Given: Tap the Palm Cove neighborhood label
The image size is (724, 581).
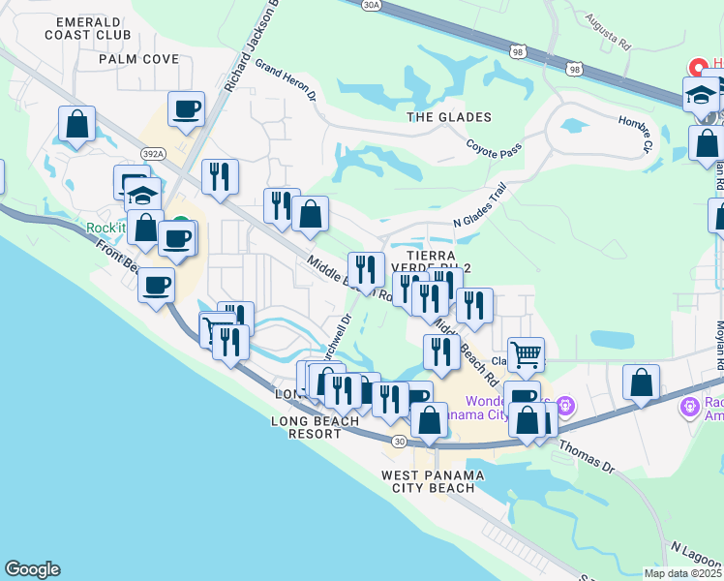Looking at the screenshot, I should pos(139,59).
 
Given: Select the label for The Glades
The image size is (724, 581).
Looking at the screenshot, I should pos(449,117).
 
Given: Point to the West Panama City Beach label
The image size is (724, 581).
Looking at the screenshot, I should pos(428,481).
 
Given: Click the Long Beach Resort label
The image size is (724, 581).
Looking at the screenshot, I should pos(308,427).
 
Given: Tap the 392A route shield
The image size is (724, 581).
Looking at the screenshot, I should pos(151,154).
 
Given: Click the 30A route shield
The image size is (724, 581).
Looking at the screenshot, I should pos(373,5).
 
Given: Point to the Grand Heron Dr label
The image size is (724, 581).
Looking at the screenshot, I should pos(287,81).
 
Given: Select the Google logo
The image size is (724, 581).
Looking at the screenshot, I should pos(32,569).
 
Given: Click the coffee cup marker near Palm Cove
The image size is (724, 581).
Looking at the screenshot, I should pos(187,110).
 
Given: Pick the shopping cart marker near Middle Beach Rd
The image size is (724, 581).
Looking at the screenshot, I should pos(526,354).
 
